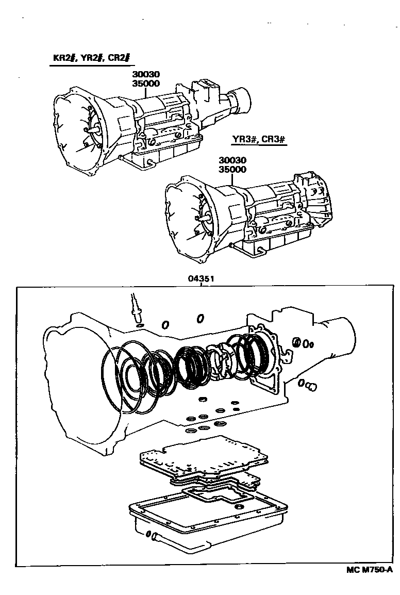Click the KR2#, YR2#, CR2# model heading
(x=91, y=58)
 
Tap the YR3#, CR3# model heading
(x=258, y=139)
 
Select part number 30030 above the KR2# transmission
(x=146, y=75)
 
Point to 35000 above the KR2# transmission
(x=146, y=84)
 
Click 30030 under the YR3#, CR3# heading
(x=232, y=160)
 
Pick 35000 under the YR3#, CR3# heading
(x=232, y=169)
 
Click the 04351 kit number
(x=201, y=278)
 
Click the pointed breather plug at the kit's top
(x=135, y=307)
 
